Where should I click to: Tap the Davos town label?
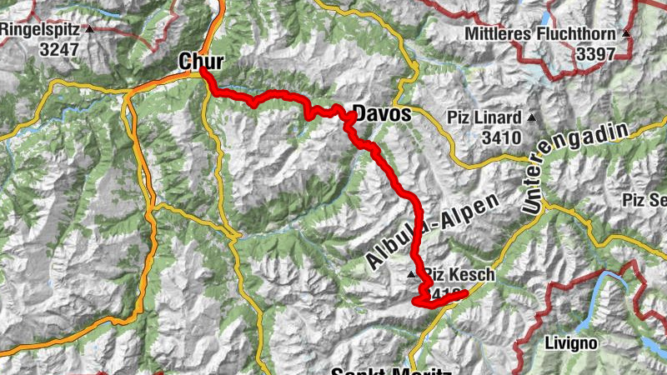[383, 112]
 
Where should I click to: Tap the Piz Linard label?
[485, 117]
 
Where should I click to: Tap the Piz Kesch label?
[459, 275]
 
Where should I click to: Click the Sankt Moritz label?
[391, 371]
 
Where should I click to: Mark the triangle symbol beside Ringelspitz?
[89, 29]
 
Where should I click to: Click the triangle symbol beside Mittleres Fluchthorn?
[625, 34]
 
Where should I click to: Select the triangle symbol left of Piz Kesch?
[411, 274]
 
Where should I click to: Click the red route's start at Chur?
[203, 72]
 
